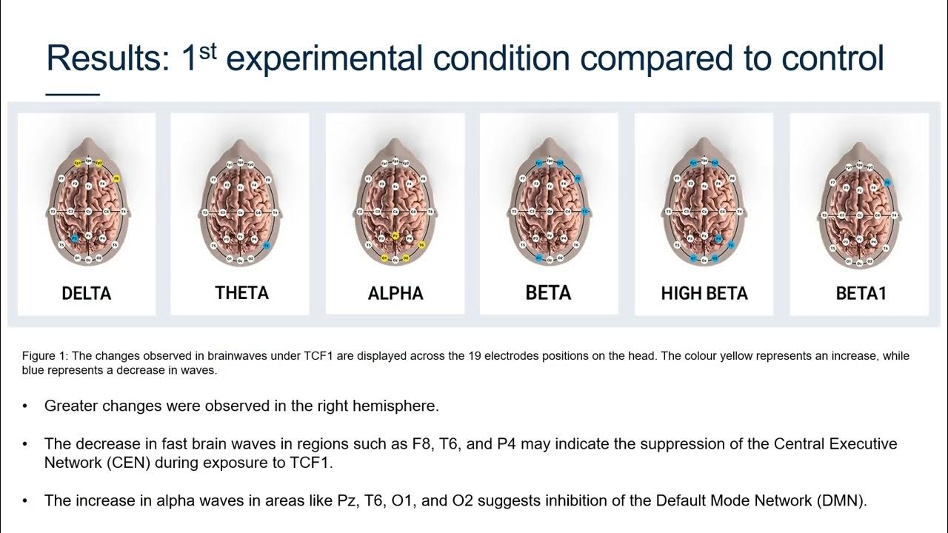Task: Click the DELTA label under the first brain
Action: (87, 293)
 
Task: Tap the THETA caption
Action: (241, 293)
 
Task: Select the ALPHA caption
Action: (395, 293)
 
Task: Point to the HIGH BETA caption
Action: (704, 293)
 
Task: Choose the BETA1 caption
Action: (861, 293)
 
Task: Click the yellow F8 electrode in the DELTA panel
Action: (117, 179)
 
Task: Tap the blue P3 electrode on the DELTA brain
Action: (75, 238)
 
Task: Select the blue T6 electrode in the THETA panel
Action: (267, 245)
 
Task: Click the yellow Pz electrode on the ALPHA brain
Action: (395, 236)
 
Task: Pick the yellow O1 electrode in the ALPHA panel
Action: (384, 258)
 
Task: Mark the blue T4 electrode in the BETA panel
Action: (585, 212)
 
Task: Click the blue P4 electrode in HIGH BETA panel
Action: (718, 239)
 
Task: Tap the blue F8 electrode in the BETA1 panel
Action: (887, 183)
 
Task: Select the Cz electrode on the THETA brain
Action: (241, 212)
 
